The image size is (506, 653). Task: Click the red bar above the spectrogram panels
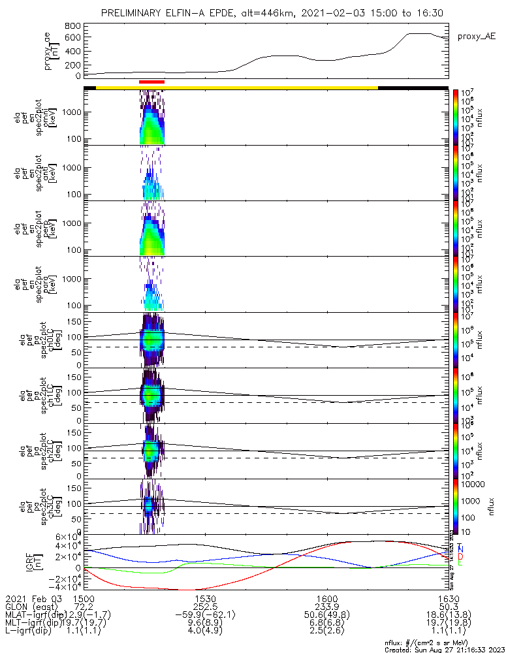[151, 82]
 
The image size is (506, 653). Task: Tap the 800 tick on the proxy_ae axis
[72, 25]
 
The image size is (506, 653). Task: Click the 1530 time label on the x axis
[205, 599]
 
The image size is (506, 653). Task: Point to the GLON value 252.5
[205, 607]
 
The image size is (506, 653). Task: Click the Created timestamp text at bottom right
[444, 649]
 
